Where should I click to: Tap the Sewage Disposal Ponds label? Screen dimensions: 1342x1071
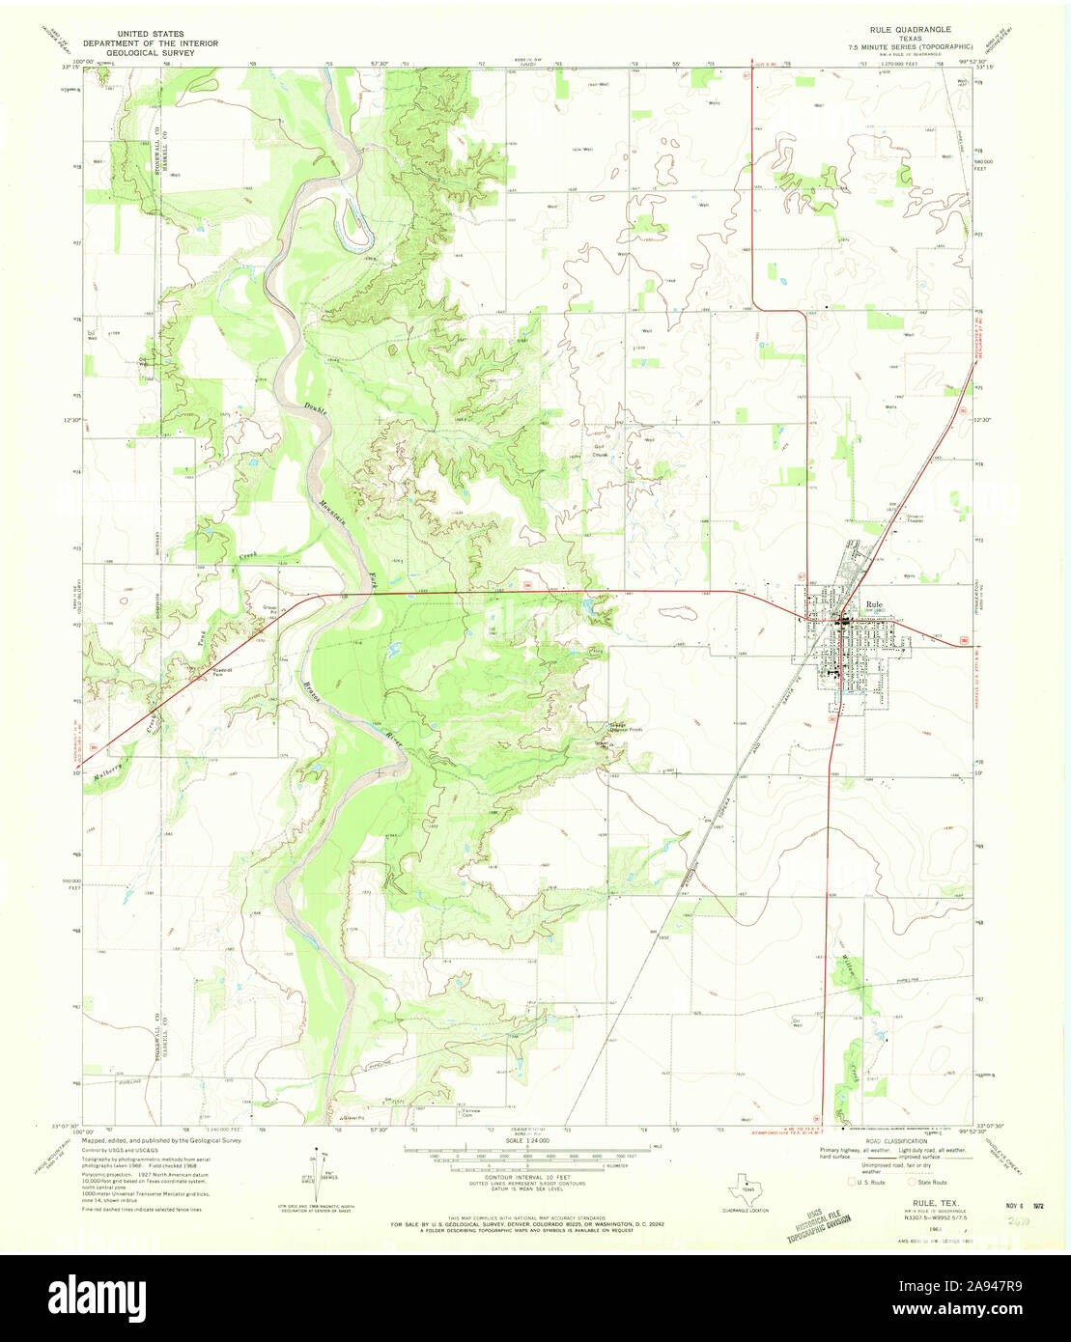(x=609, y=728)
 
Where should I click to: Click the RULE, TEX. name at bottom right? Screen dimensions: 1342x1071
(x=919, y=1205)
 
